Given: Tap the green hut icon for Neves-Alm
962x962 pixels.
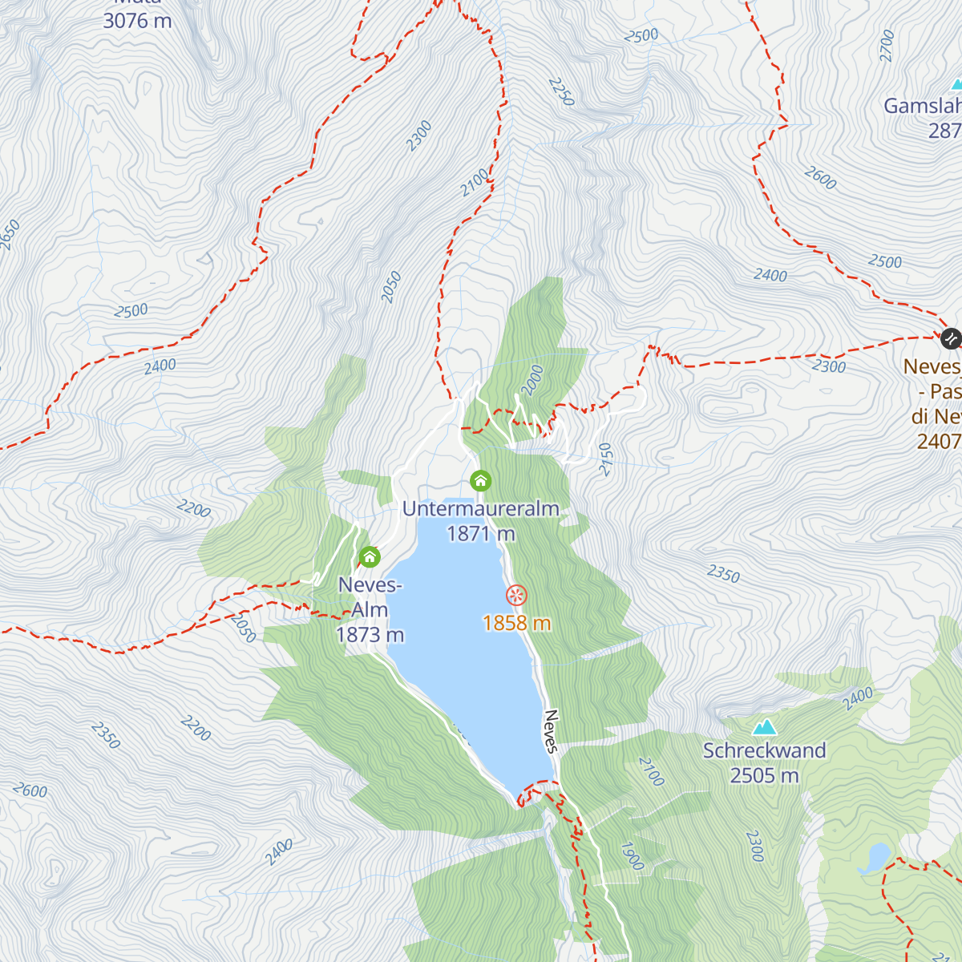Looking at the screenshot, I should pyautogui.click(x=370, y=556).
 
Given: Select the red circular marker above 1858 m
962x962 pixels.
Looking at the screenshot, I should pyautogui.click(x=517, y=595).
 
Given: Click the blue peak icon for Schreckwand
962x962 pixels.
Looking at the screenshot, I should pyautogui.click(x=764, y=727).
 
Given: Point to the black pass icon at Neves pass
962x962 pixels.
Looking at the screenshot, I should pyautogui.click(x=951, y=338).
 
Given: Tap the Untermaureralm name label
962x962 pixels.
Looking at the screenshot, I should pyautogui.click(x=480, y=509).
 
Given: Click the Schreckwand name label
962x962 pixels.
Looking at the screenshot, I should pyautogui.click(x=764, y=751).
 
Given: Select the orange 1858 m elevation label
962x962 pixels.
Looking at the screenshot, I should pyautogui.click(x=517, y=623).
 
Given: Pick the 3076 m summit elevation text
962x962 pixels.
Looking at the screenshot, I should pyautogui.click(x=137, y=21).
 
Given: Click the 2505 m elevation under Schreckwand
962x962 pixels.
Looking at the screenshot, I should pyautogui.click(x=764, y=775).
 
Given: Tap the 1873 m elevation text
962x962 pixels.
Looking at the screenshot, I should pyautogui.click(x=370, y=635).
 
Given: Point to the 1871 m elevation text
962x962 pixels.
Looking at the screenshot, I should pyautogui.click(x=480, y=533).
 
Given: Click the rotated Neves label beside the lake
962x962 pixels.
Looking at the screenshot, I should pyautogui.click(x=551, y=731).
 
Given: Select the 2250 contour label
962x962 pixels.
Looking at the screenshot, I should pyautogui.click(x=561, y=92).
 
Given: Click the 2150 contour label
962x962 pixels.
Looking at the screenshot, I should pyautogui.click(x=605, y=459).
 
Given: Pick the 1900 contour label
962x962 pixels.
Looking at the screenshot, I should pyautogui.click(x=632, y=856).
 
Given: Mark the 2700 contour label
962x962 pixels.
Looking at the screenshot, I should pyautogui.click(x=886, y=46).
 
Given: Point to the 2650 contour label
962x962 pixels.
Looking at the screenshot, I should pyautogui.click(x=10, y=235).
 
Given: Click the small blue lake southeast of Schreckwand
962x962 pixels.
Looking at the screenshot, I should pyautogui.click(x=874, y=856).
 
